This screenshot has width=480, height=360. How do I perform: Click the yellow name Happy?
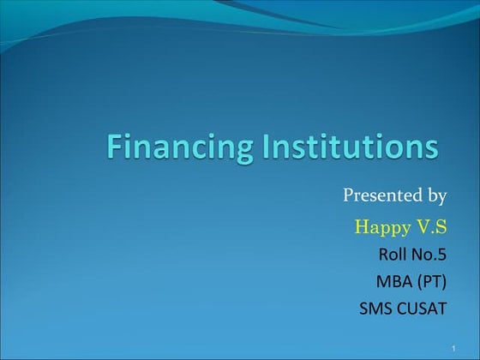pyautogui.click(x=381, y=228)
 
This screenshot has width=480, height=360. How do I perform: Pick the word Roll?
pyautogui.click(x=392, y=255)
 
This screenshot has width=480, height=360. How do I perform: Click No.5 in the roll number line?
pyautogui.click(x=429, y=255)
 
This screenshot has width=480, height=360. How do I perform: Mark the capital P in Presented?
pyautogui.click(x=349, y=195)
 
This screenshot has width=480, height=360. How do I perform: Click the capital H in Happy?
pyautogui.click(x=360, y=226)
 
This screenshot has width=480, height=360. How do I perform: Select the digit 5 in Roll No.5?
pyautogui.click(x=442, y=255)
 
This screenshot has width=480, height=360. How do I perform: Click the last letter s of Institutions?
pyautogui.click(x=430, y=148)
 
